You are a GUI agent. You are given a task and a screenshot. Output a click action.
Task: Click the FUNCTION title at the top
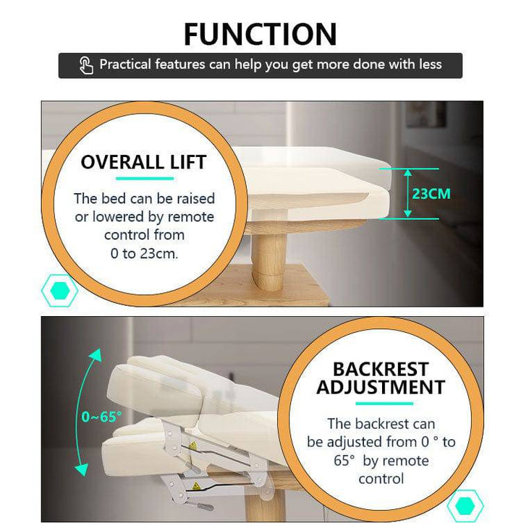(x=260, y=34)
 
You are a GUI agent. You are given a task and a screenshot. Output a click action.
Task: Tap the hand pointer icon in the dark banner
(x=86, y=65)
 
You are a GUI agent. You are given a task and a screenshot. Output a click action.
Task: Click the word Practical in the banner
(x=125, y=64)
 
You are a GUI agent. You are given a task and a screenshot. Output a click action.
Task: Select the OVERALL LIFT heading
(x=143, y=162)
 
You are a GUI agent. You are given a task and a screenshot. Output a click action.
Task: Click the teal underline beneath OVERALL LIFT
(x=145, y=179)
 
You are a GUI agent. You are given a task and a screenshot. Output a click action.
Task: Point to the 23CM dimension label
(x=431, y=194)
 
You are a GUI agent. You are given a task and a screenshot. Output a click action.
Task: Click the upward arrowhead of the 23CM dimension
(x=408, y=173)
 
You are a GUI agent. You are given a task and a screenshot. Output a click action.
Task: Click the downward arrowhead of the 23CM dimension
(x=408, y=213)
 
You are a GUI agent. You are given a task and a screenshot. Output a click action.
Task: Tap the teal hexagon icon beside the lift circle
(x=60, y=290)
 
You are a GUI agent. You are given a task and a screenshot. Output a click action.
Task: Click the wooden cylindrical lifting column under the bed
(x=269, y=262)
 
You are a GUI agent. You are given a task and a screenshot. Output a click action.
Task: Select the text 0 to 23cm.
(x=144, y=254)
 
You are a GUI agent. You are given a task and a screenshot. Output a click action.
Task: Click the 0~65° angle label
(x=101, y=417)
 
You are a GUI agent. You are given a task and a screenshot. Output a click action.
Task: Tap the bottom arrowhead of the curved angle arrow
(x=82, y=469)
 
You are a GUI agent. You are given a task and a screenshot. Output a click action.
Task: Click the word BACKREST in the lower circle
(x=381, y=369)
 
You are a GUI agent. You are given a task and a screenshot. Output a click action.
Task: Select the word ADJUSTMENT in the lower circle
(x=381, y=387)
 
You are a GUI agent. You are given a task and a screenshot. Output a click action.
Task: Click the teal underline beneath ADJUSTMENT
(x=384, y=404)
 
